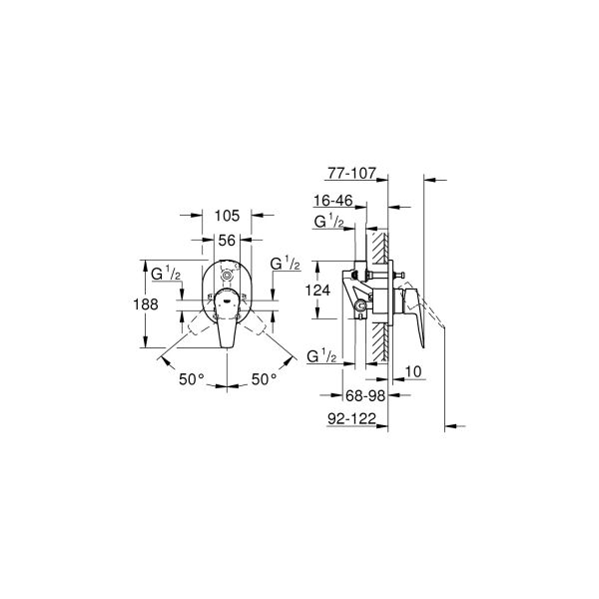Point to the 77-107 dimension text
point(348,173)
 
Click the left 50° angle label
point(191,379)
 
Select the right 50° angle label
point(265,379)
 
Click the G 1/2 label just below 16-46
point(328,222)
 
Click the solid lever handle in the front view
point(227,324)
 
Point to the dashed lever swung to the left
point(196,322)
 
